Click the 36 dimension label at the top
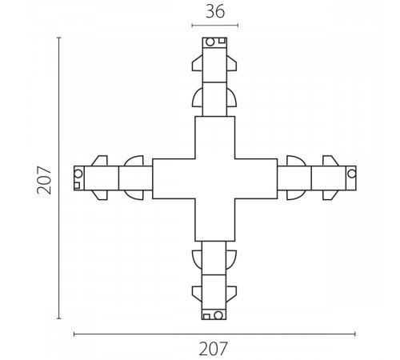click(x=215, y=12)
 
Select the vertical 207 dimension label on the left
click(x=44, y=180)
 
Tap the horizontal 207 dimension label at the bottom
click(x=214, y=349)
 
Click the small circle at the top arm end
click(x=210, y=42)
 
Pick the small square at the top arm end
click(x=222, y=41)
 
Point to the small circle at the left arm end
click(x=78, y=174)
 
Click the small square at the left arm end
click(x=77, y=186)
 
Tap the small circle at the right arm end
click(x=352, y=174)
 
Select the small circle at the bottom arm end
click(x=218, y=315)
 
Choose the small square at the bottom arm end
click(x=206, y=317)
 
